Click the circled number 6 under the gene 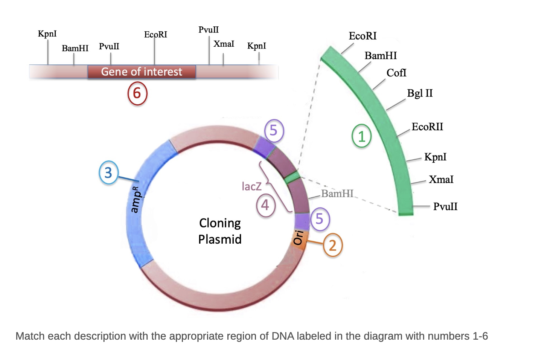(137, 93)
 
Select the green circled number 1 (361, 136)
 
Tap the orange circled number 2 (333, 245)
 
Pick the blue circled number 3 (108, 172)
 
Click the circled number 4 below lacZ (265, 206)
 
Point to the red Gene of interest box (142, 72)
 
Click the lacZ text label (251, 186)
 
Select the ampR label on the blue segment (136, 199)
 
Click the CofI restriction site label (396, 73)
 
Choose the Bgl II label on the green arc (420, 93)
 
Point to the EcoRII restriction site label (427, 127)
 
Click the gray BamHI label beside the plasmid (337, 194)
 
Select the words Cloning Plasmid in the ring (220, 231)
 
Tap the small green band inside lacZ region (292, 177)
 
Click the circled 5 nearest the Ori (320, 219)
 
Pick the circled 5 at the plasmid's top (274, 131)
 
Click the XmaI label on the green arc (441, 179)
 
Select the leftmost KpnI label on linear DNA (47, 34)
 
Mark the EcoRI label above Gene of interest (155, 35)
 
